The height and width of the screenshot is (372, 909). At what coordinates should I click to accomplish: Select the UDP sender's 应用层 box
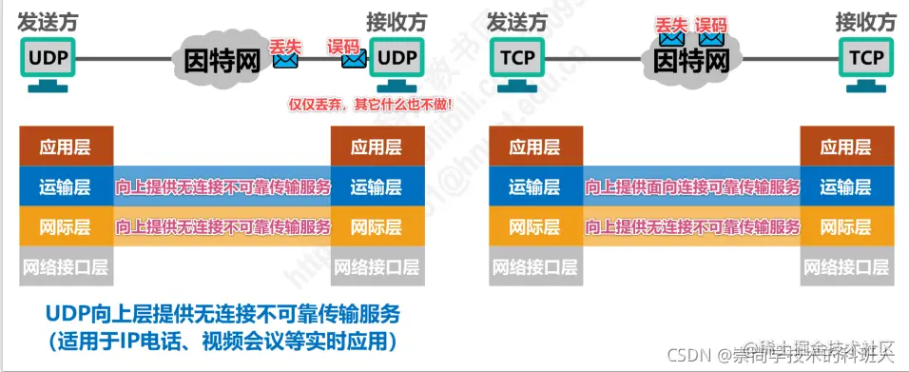(x=66, y=147)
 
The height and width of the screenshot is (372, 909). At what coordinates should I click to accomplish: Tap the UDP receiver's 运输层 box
(x=376, y=187)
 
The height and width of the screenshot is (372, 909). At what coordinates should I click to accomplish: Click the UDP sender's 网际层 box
(x=66, y=227)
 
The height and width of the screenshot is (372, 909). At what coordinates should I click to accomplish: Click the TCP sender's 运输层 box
(x=535, y=187)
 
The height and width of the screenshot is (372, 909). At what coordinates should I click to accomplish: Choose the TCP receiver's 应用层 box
(x=845, y=147)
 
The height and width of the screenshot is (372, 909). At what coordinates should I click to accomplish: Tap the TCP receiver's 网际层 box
(x=845, y=227)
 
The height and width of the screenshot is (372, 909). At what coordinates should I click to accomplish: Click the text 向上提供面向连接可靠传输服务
(x=691, y=187)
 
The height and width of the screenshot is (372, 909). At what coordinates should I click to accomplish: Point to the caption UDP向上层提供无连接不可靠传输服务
(x=223, y=313)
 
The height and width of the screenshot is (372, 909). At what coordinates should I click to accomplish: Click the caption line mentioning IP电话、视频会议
(x=223, y=339)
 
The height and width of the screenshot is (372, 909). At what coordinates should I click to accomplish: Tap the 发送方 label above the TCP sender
(x=517, y=20)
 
